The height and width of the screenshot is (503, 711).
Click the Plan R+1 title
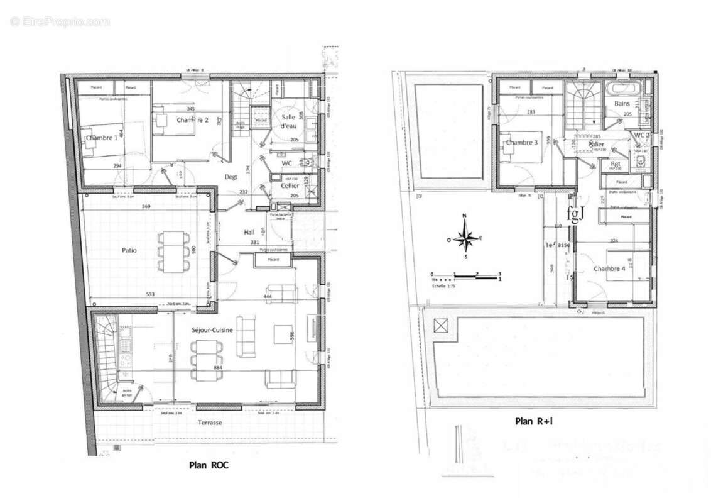pyautogui.click(x=533, y=422)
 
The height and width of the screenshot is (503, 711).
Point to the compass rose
pyautogui.click(x=464, y=238)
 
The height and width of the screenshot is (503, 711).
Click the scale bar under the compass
pyautogui.click(x=465, y=275)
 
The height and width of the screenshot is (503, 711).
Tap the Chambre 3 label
pyautogui.click(x=521, y=143)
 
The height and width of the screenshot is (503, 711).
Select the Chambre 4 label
pyautogui.click(x=609, y=268)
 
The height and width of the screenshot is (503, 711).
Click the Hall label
pyautogui.click(x=249, y=233)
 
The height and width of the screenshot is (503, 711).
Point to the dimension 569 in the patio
pyautogui.click(x=146, y=206)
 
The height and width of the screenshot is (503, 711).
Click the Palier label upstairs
pyautogui.click(x=596, y=145)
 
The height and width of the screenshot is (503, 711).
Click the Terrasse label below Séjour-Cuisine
pyautogui.click(x=210, y=423)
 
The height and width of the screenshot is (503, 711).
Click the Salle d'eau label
pyautogui.click(x=288, y=121)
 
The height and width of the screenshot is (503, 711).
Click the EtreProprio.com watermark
pyautogui.click(x=60, y=21)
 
